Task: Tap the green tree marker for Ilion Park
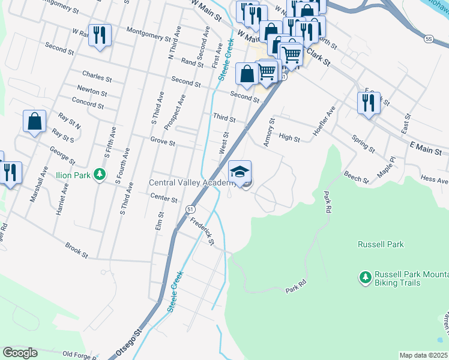pos(100,175)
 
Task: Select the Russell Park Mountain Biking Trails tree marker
pos(364,277)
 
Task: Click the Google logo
pos(20,353)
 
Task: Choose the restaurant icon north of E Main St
pos(368,103)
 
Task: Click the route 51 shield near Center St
pos(190,208)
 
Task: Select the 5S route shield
pos(428,38)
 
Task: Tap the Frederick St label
pos(202,230)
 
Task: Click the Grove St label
pos(163,143)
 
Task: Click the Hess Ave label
pos(434,179)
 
